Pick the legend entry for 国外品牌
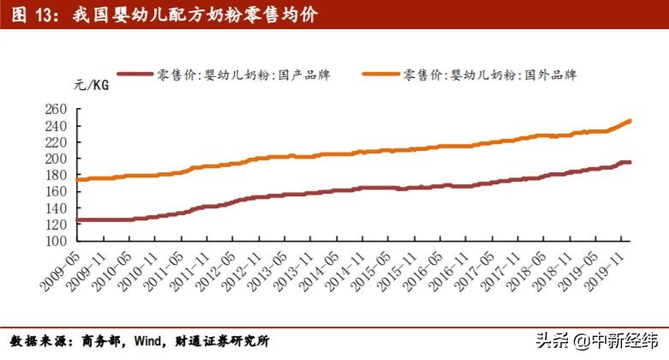pos(488,75)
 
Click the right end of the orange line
pos(630,121)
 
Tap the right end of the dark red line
pos(630,162)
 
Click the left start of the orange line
pos(77,179)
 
